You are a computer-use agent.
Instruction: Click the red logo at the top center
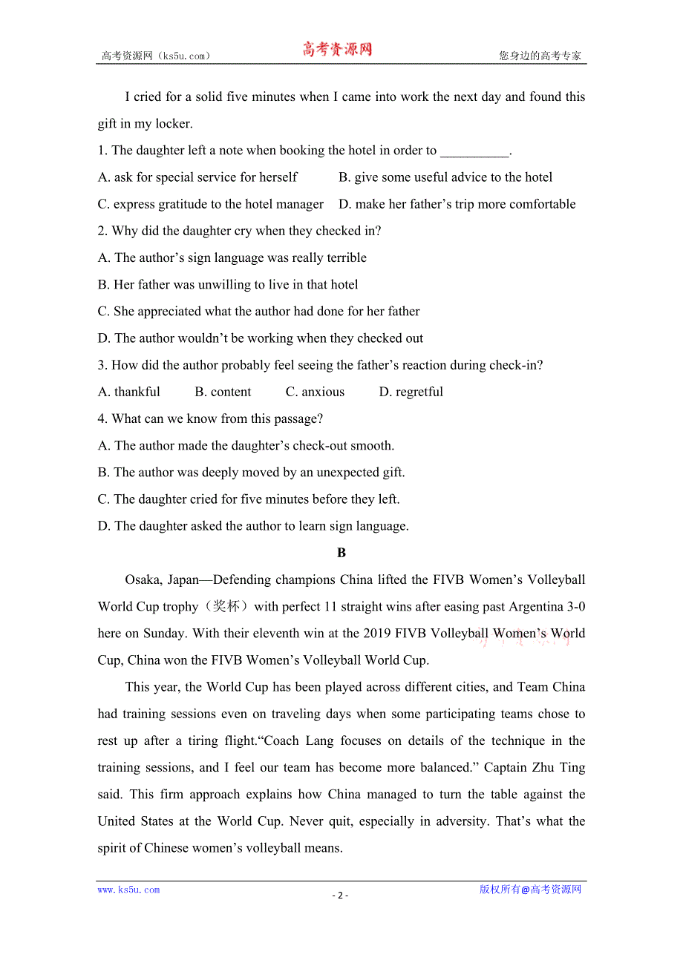336,50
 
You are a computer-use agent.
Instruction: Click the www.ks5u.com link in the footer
128,890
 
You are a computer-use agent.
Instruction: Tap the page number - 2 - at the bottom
340,895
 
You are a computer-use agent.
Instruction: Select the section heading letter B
341,553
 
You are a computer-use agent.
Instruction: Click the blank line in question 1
474,151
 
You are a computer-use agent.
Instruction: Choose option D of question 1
457,204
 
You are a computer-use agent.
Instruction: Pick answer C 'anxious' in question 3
315,392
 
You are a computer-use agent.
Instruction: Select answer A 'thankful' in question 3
129,392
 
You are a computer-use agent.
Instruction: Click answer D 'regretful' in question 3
411,392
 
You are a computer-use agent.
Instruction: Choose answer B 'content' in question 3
223,392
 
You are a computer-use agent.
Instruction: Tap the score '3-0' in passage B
576,606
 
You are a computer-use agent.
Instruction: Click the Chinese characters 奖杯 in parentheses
226,606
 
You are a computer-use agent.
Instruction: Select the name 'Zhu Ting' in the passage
558,767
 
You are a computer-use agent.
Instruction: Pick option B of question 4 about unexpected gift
251,472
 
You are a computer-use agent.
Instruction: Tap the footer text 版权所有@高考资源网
530,890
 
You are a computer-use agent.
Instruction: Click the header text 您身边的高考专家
540,56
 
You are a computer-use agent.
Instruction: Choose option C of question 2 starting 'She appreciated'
258,311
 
